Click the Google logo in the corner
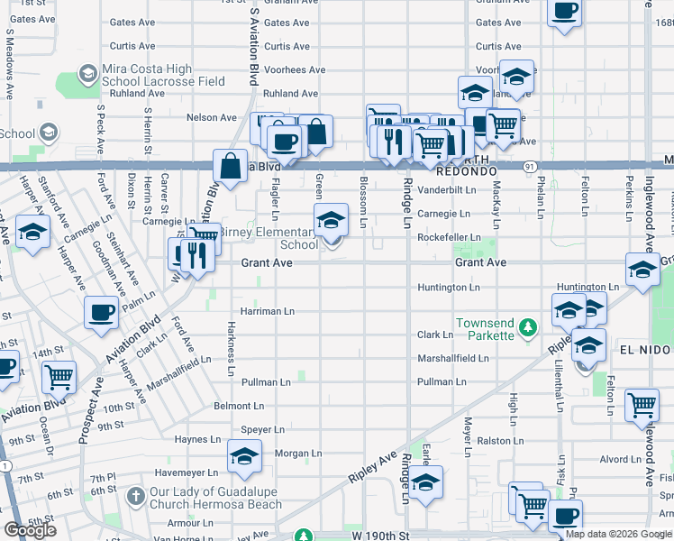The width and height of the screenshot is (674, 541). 30,530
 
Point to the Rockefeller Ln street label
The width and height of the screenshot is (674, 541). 449,238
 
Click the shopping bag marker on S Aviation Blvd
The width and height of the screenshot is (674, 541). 231,166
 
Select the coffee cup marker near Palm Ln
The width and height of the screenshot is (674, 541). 101,313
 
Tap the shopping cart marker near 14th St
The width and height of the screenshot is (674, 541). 59,377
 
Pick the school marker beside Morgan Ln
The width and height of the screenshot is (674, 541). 244,457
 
